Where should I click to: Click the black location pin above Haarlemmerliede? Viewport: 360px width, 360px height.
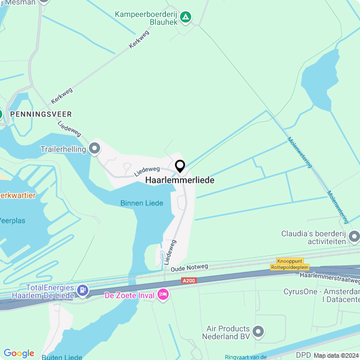[x=180, y=166]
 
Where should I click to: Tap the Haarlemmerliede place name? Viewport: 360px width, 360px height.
[x=179, y=181]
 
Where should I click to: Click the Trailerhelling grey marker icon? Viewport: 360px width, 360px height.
[x=94, y=148]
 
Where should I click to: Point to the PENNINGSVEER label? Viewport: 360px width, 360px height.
[x=40, y=114]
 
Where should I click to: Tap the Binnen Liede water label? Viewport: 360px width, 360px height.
[x=141, y=203]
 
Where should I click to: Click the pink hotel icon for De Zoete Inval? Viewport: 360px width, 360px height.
[x=163, y=294]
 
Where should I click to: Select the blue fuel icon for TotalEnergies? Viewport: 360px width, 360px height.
[x=83, y=290]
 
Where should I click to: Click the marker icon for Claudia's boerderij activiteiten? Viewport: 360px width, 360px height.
[x=354, y=237]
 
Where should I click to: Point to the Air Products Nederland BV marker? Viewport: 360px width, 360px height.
[x=258, y=332]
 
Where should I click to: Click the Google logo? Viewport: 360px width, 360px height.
[x=19, y=353]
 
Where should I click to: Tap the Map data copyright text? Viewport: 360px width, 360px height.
[x=336, y=355]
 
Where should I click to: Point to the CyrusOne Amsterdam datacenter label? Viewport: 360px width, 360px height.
[x=321, y=296]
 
